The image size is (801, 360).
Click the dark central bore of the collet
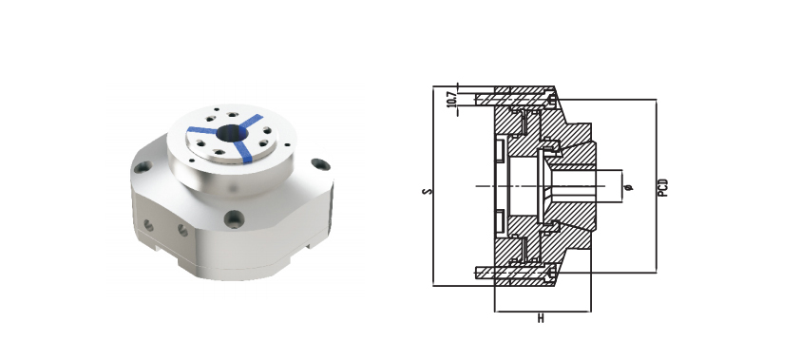pyautogui.click(x=232, y=134)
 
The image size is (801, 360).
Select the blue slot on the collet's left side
pyautogui.click(x=201, y=130)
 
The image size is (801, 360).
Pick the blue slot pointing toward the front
pyautogui.click(x=245, y=152)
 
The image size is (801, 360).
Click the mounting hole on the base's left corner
pyautogui.click(x=143, y=166)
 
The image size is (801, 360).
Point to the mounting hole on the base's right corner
pyautogui.click(x=320, y=164)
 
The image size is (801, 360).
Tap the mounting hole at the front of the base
pyautogui.click(x=235, y=219)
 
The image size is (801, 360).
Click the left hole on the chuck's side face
pyautogui.click(x=148, y=225)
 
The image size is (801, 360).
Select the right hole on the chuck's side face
pyautogui.click(x=182, y=230)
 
